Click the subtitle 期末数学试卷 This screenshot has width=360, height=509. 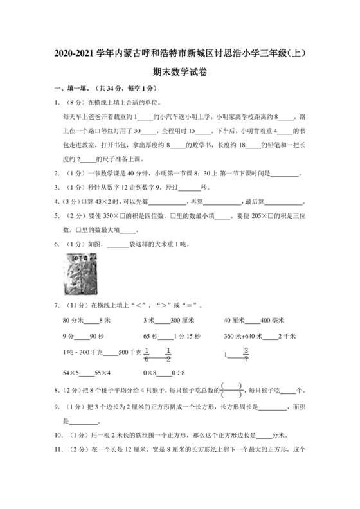[x=179, y=72]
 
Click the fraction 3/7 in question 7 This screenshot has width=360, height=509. [x=246, y=353]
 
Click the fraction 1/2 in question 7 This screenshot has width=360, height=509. [x=168, y=353]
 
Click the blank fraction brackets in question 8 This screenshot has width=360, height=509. [x=231, y=389]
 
